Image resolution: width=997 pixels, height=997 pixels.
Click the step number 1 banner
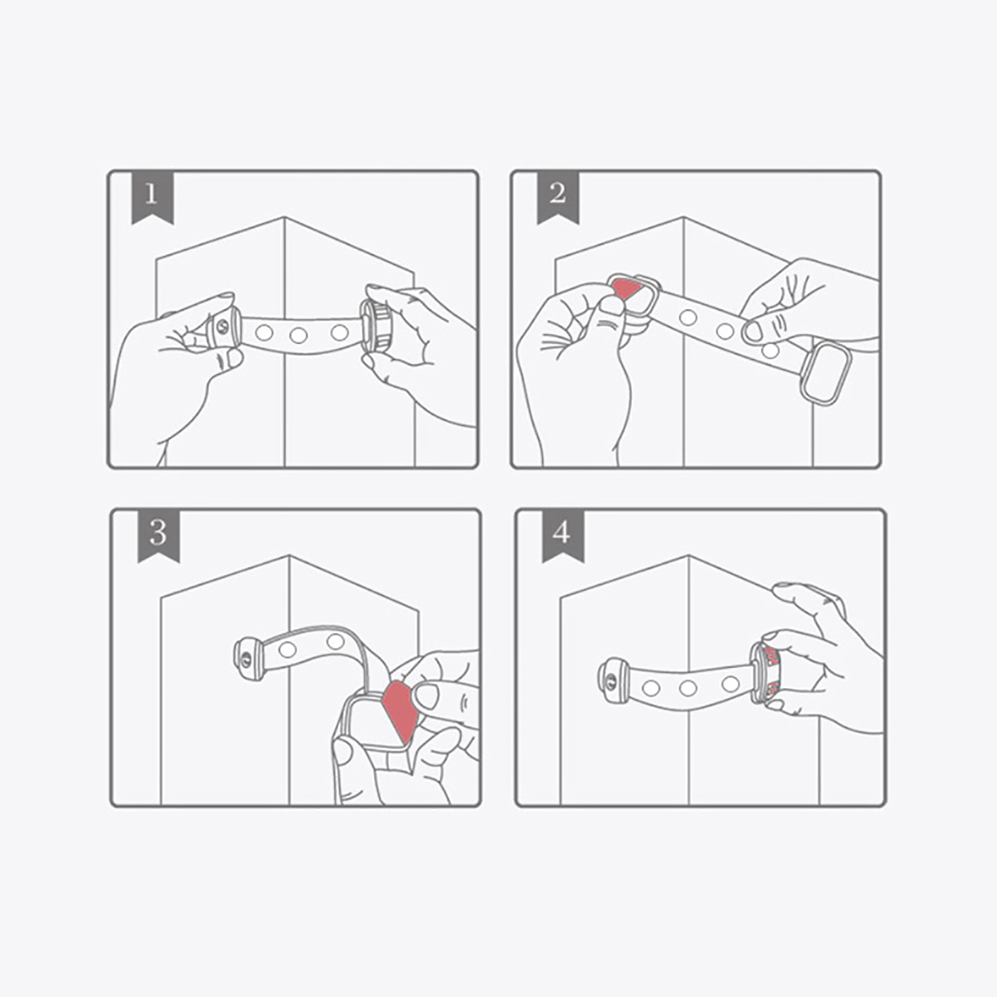pyautogui.click(x=152, y=196)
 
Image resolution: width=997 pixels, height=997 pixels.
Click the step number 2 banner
pyautogui.click(x=558, y=196)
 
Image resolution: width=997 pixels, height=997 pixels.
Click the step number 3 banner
pyautogui.click(x=158, y=535)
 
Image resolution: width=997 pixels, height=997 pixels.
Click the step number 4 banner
pyautogui.click(x=563, y=535)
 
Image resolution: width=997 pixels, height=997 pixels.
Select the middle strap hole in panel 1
pyautogui.click(x=298, y=336)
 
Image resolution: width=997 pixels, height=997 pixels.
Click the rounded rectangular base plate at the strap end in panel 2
pyautogui.click(x=826, y=372)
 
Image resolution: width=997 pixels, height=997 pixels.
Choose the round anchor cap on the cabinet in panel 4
pyautogui.click(x=613, y=682)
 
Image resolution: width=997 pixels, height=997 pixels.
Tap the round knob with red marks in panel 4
pyautogui.click(x=767, y=672)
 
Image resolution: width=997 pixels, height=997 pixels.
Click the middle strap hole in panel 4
pyautogui.click(x=688, y=688)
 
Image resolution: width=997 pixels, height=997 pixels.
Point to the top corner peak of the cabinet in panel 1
pyautogui.click(x=285, y=217)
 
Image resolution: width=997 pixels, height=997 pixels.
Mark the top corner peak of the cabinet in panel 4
pyautogui.click(x=689, y=556)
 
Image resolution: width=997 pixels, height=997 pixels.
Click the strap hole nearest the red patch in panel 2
pyautogui.click(x=688, y=318)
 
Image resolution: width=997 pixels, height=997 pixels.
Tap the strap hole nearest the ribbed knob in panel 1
pyautogui.click(x=340, y=332)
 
